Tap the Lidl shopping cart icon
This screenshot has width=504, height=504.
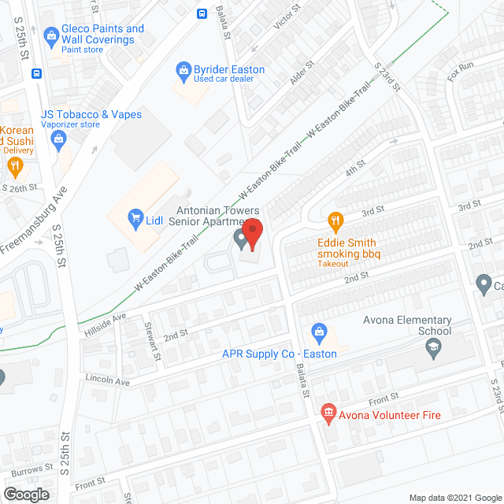135,218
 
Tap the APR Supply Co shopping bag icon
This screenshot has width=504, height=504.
318,332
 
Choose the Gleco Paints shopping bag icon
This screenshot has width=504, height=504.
52,34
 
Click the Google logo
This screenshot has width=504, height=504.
25,494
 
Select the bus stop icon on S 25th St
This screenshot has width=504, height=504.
36,73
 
